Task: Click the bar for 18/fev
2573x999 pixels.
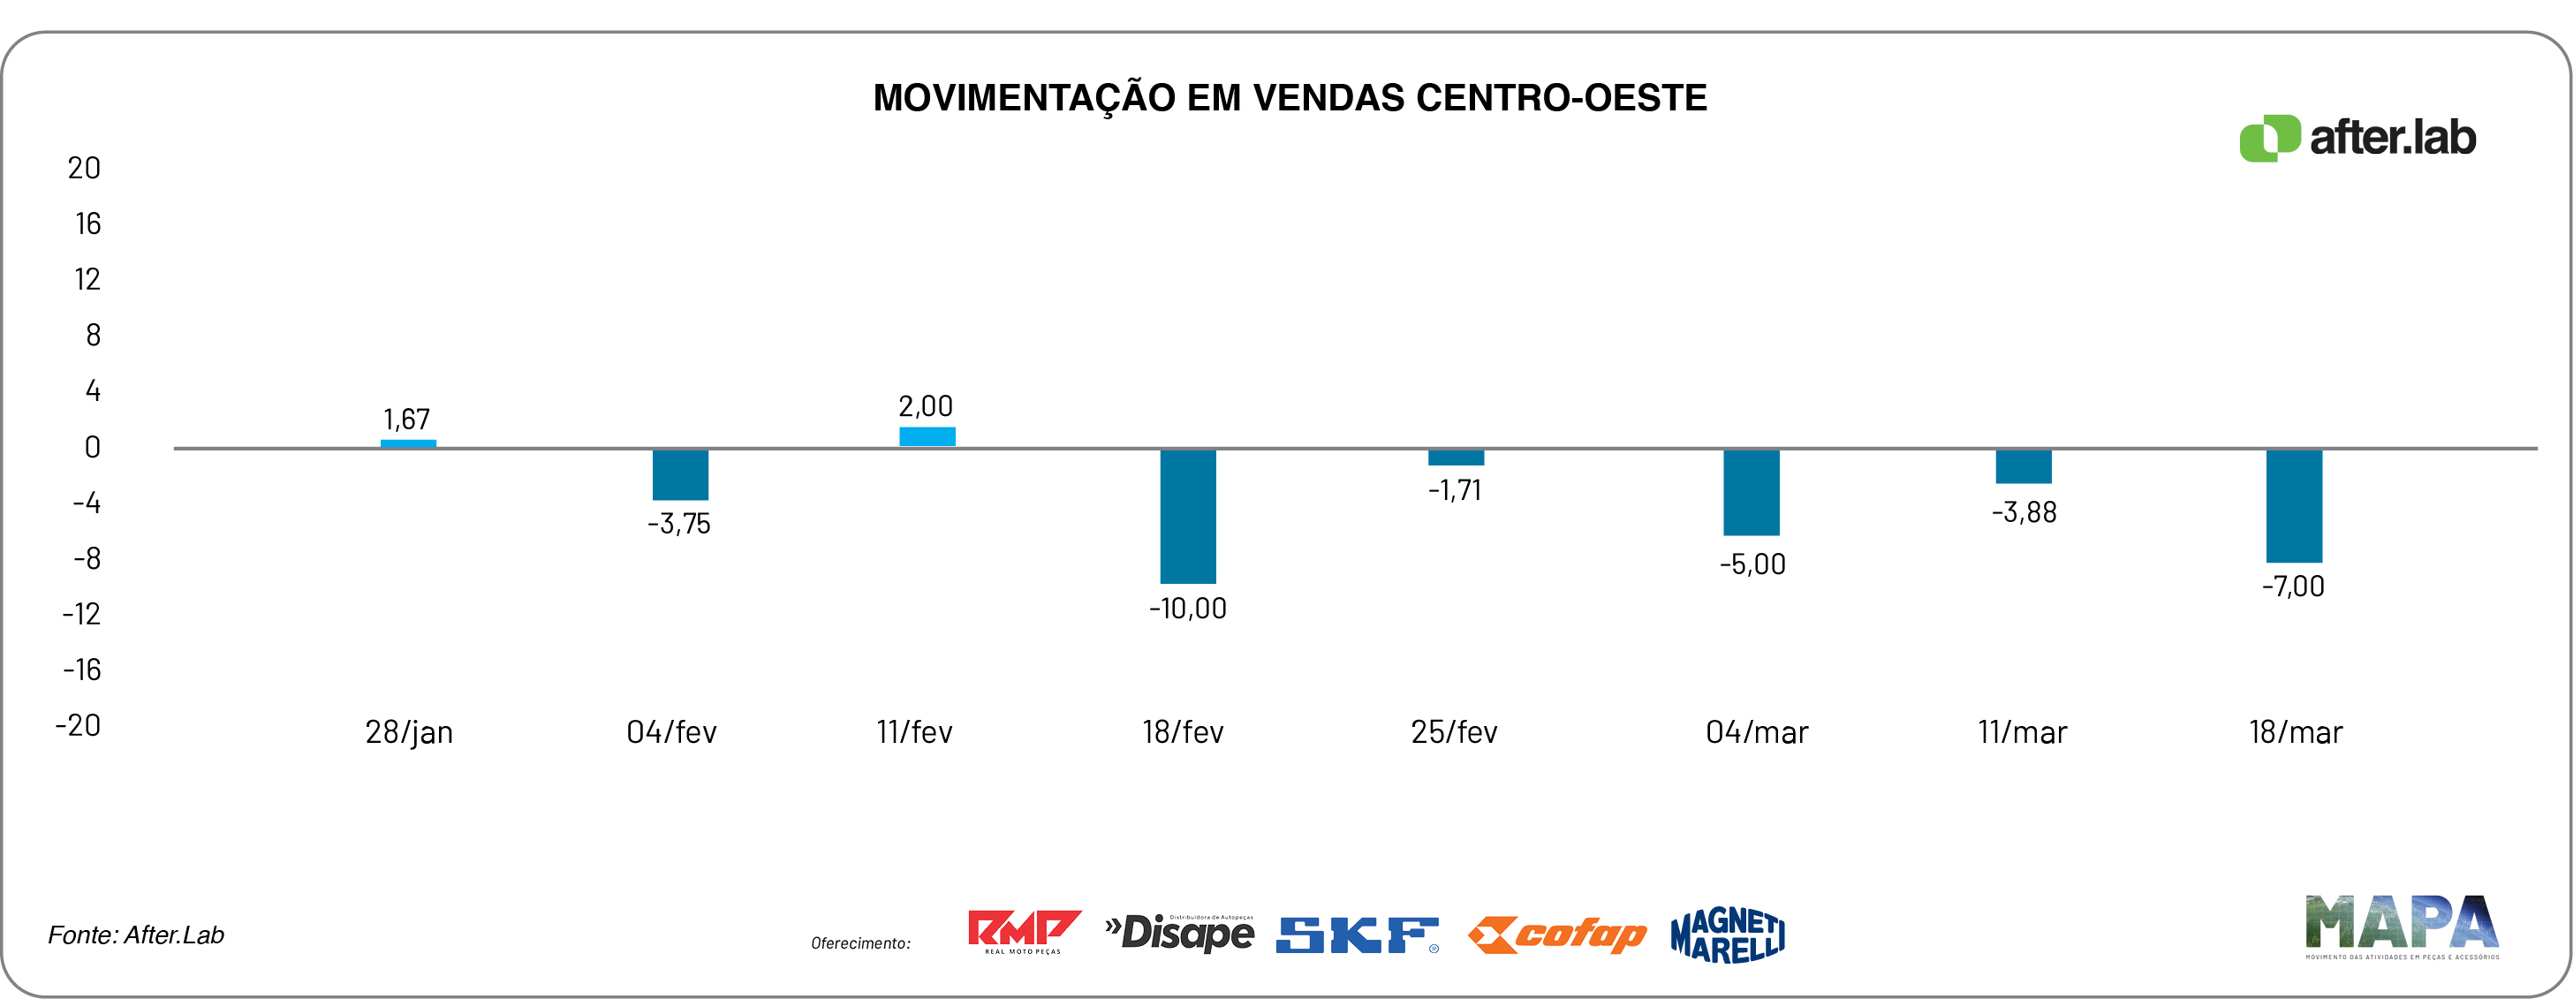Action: pos(1188,516)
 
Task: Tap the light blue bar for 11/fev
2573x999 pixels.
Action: pos(927,436)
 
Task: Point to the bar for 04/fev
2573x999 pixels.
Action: pos(680,474)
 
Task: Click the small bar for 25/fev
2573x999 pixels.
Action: pos(1456,458)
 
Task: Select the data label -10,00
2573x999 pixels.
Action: pos(1188,609)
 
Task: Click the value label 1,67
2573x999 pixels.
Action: pos(406,420)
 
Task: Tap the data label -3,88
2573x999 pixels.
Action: pos(2024,512)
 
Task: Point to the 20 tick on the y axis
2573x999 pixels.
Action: pos(84,168)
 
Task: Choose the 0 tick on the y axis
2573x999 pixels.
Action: pos(92,448)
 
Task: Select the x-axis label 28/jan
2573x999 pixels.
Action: pos(409,732)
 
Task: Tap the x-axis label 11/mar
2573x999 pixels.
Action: pos(2022,732)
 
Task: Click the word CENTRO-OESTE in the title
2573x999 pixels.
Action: pos(1561,98)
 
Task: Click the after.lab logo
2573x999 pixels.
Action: pos(2357,138)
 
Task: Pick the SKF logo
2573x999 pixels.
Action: pos(1357,935)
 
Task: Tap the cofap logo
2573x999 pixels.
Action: pos(1557,935)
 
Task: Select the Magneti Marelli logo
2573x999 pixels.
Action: pos(1727,935)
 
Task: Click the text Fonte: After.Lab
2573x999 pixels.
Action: pos(136,935)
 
